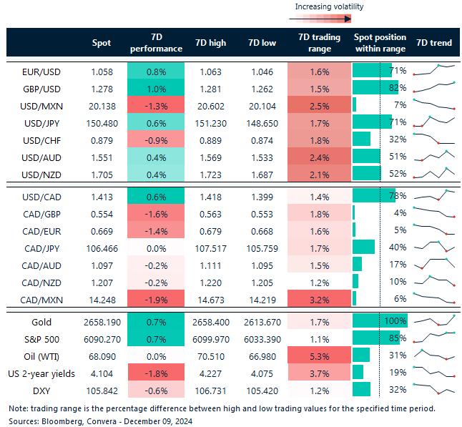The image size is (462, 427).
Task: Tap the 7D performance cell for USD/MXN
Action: pyautogui.click(x=156, y=105)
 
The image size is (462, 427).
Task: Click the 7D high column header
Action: pyautogui.click(x=210, y=43)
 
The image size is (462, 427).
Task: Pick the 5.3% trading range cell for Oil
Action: pyautogui.click(x=320, y=355)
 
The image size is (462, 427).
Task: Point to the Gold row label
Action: pyautogui.click(x=42, y=322)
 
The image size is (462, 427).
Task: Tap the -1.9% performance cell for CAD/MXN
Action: pyautogui.click(x=156, y=299)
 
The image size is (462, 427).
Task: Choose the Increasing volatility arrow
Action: pyautogui.click(x=328, y=19)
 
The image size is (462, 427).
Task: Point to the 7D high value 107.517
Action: pyautogui.click(x=210, y=247)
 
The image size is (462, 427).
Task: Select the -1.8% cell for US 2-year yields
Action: pyautogui.click(x=156, y=372)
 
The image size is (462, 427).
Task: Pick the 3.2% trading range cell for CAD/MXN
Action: pyautogui.click(x=320, y=299)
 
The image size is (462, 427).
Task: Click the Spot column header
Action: pyautogui.click(x=102, y=43)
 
